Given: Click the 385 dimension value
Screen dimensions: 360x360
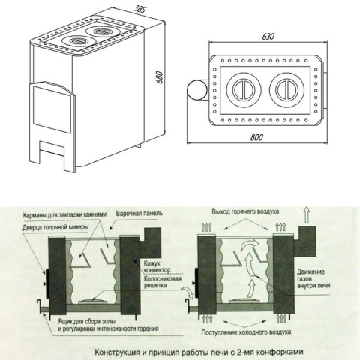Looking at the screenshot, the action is [x=139, y=9].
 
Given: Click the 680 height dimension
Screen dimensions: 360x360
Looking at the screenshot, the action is [x=159, y=77].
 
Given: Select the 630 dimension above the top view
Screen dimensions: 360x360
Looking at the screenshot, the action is [x=268, y=37].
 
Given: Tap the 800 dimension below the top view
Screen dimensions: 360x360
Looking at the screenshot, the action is [x=256, y=137].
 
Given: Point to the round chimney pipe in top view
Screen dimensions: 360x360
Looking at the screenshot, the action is [x=197, y=90].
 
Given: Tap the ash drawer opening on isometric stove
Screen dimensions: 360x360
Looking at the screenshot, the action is [x=52, y=147].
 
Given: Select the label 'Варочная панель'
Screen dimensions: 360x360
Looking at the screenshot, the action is [x=139, y=214].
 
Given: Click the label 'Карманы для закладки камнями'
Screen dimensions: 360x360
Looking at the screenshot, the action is [x=64, y=214].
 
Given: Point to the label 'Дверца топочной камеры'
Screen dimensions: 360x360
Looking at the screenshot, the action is [x=55, y=227].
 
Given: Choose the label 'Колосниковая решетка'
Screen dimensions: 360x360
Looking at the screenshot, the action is [x=163, y=282].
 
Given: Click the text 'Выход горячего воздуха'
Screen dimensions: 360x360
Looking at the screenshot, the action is [x=245, y=211].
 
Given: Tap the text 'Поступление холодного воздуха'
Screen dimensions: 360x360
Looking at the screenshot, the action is [x=246, y=332].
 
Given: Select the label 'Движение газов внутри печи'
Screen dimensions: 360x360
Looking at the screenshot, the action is [x=313, y=278].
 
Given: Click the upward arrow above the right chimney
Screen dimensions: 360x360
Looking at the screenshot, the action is [x=307, y=214].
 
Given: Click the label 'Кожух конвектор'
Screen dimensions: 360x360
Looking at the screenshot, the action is [x=157, y=266].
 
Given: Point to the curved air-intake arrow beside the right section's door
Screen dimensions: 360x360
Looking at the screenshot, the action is [x=188, y=292].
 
